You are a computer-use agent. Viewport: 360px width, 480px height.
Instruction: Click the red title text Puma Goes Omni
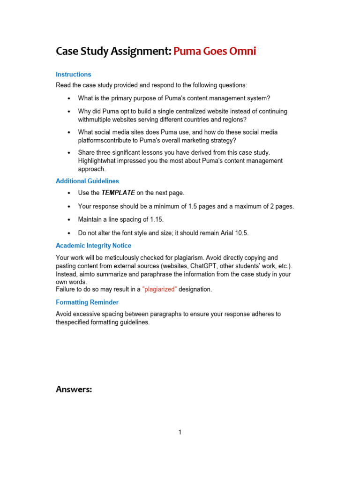pos(215,51)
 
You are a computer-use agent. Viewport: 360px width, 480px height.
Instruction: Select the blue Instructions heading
pos(73,74)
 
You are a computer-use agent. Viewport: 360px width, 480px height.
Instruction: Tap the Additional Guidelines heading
pos(87,181)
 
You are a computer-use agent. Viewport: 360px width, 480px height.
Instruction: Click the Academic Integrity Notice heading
pos(93,246)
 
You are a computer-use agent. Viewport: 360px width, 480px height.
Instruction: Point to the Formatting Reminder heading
pos(87,302)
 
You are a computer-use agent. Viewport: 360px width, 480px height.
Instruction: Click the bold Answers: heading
pos(74,389)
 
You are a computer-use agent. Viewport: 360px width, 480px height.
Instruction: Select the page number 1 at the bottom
pos(180,432)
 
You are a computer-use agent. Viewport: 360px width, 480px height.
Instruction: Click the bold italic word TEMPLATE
pos(118,193)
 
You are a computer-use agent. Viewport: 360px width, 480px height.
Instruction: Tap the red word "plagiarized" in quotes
pos(159,290)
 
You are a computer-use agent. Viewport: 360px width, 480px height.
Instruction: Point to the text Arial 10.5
pos(235,232)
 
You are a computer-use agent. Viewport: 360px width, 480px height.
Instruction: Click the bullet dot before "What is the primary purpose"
pos(68,98)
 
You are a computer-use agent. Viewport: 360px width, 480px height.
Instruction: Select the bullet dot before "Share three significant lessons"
pos(68,153)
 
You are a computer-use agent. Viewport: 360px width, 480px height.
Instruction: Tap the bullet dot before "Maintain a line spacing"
pos(68,220)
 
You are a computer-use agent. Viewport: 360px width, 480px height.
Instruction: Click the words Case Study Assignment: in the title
pos(113,51)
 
